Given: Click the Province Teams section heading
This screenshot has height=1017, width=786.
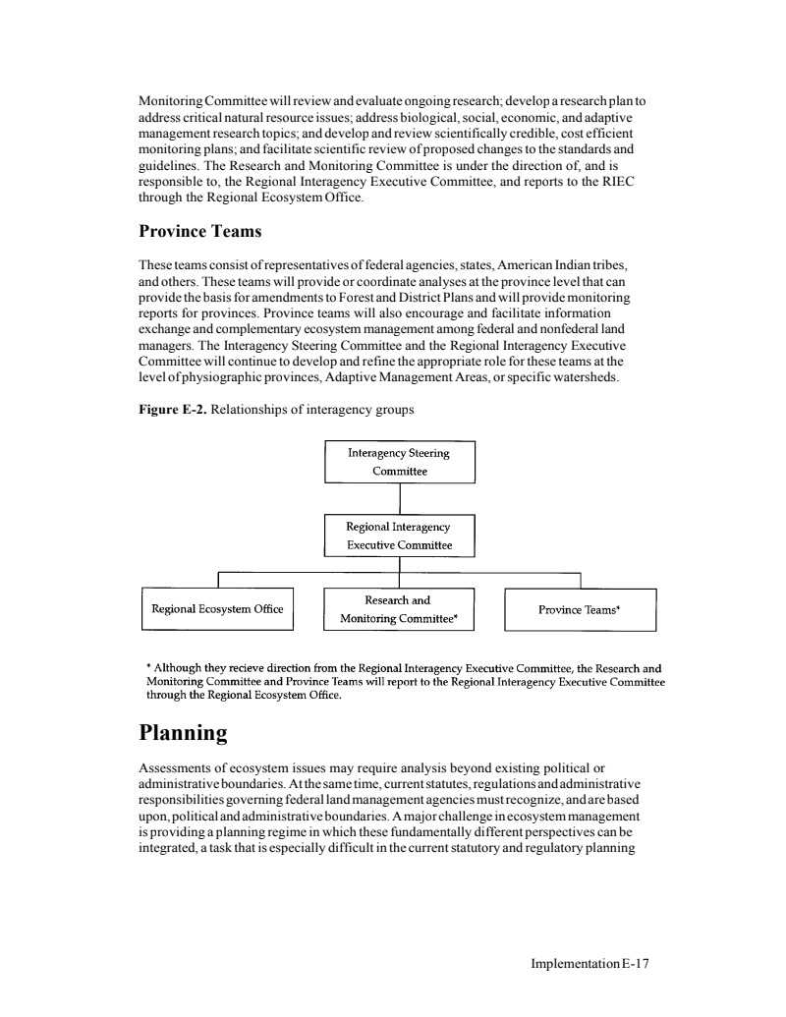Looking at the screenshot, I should coord(200,231).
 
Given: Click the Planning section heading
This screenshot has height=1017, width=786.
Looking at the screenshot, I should coord(183,732).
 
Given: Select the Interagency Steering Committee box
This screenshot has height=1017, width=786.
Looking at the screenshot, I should coord(399,462).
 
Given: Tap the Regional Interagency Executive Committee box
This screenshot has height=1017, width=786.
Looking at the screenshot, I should coord(399,536).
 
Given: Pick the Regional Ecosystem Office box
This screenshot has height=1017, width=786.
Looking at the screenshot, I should coord(217,609).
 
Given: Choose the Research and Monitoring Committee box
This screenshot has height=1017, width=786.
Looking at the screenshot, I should coord(399,609).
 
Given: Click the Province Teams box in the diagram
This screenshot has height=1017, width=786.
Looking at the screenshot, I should coord(580,609).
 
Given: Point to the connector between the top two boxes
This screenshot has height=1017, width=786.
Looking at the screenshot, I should coord(399,498).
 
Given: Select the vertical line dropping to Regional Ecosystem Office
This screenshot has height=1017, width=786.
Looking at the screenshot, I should coord(217,580).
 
